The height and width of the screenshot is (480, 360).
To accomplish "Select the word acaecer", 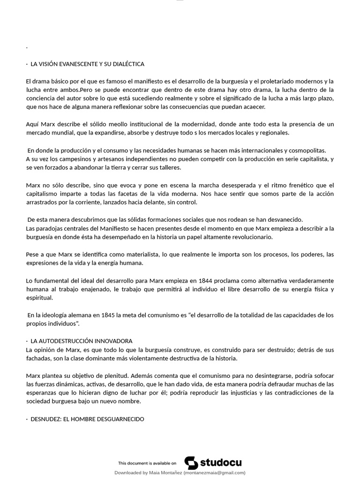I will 254,107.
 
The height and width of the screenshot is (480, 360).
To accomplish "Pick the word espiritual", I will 39,298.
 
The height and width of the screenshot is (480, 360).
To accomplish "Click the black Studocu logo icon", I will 191,463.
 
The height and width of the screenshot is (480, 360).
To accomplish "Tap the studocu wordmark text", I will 221,463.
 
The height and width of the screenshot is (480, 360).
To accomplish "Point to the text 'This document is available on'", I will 147,463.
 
